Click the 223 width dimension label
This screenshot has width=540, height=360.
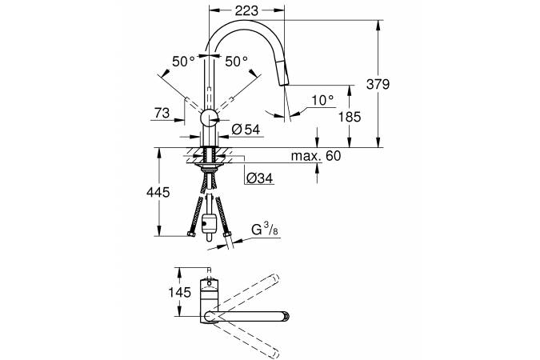click(x=246, y=11)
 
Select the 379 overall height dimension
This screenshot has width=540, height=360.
click(x=378, y=84)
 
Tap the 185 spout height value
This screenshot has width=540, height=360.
click(x=350, y=117)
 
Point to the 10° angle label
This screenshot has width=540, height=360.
click(x=322, y=100)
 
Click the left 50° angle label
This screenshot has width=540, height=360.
click(x=183, y=62)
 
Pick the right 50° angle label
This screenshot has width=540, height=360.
click(x=237, y=62)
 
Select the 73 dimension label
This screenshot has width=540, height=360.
click(x=162, y=113)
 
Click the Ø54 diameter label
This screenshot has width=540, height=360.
click(x=246, y=130)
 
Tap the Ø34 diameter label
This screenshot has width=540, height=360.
click(x=260, y=178)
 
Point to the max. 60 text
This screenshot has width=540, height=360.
click(x=316, y=156)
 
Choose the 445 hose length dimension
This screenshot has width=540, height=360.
click(x=158, y=192)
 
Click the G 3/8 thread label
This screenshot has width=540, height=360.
click(x=265, y=230)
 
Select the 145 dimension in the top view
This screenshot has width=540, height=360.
click(x=179, y=293)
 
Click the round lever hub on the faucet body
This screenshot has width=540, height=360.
click(x=209, y=119)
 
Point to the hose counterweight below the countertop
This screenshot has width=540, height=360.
click(x=209, y=223)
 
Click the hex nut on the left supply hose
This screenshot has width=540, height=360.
click(x=191, y=234)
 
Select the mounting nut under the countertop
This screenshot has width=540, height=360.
click(x=209, y=168)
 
